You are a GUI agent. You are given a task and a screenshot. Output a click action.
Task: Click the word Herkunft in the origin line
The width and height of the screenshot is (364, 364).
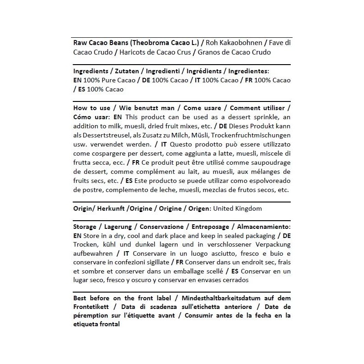[111, 208]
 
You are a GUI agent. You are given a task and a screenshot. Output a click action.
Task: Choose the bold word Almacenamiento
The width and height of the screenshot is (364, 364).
[263, 227]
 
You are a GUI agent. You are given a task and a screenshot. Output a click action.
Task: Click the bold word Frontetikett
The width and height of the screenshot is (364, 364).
[91, 307]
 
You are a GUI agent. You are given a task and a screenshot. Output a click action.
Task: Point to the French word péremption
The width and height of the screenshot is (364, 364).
[92, 316]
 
